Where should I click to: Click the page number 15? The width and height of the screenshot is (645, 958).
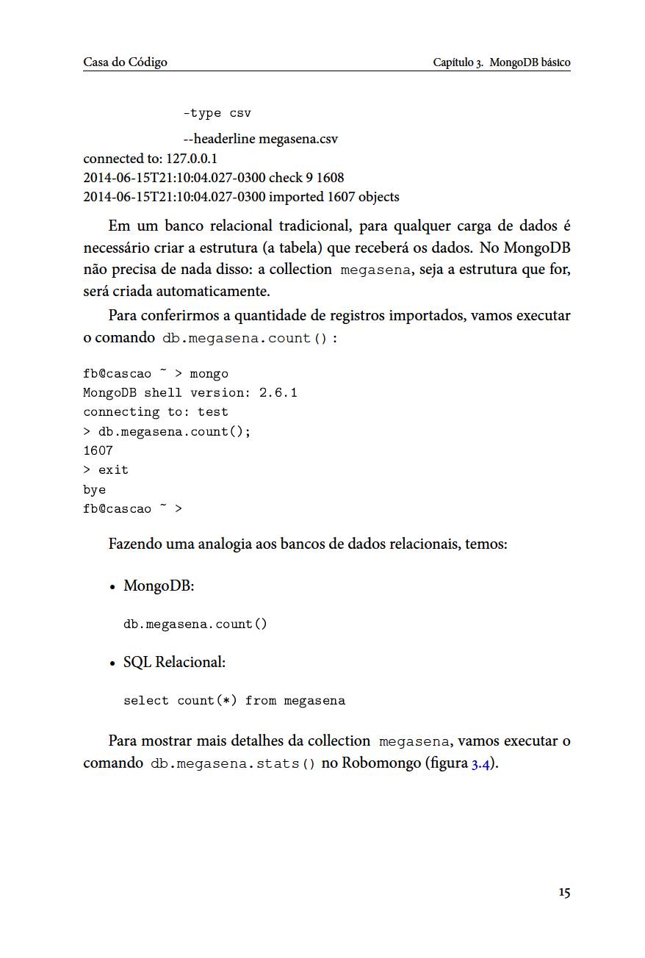pos(563,893)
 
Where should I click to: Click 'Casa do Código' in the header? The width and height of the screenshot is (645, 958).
pos(125,62)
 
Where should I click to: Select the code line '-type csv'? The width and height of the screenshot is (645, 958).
pos(217,113)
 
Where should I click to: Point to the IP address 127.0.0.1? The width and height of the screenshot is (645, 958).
pos(192,159)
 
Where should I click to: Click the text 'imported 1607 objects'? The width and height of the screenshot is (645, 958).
pos(334,197)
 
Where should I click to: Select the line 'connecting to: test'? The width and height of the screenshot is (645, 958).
pos(155,412)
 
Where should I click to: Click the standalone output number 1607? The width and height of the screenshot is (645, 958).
pos(98,450)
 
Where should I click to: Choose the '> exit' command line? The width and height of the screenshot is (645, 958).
pos(106,470)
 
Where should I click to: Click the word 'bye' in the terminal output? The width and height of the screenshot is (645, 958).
pos(94,489)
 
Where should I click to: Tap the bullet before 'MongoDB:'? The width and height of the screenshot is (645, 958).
pos(112,587)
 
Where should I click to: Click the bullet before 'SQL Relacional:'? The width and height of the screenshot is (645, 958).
pos(112,663)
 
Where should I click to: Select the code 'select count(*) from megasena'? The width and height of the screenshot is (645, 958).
pos(234,701)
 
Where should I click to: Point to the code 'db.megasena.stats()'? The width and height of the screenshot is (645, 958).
pos(233,763)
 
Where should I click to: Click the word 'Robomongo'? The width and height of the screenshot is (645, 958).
pos(376,763)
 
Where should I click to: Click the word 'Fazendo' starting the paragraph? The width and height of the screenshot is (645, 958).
pos(134,544)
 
